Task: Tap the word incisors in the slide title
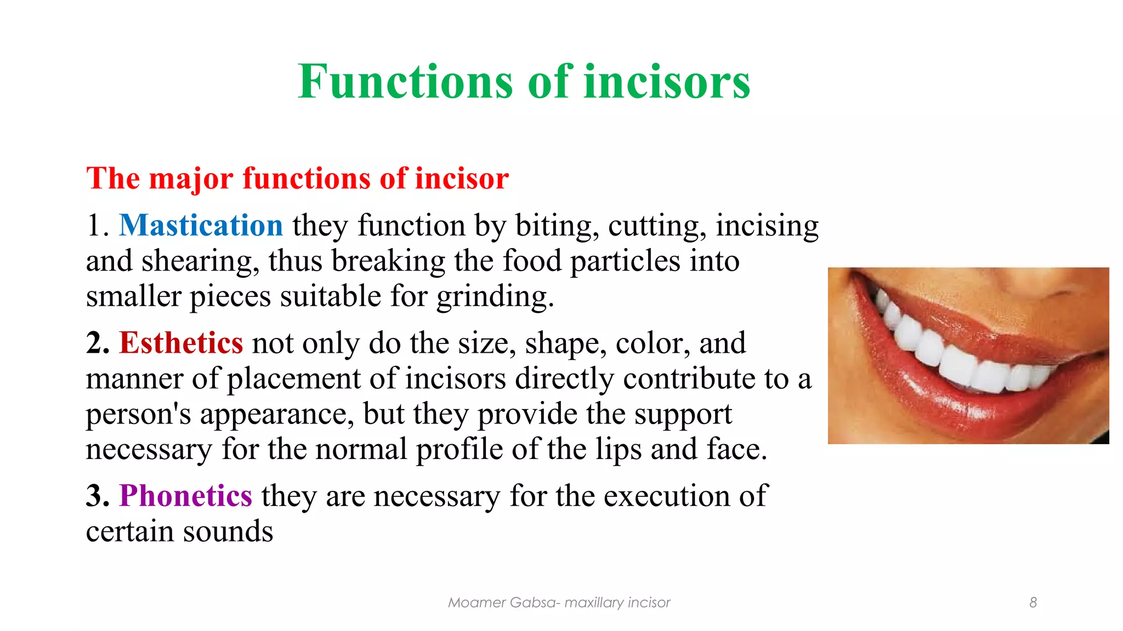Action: (x=667, y=82)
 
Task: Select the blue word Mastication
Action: (x=201, y=226)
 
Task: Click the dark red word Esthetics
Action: (x=181, y=343)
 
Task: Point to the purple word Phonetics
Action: (x=186, y=496)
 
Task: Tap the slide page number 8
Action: (x=1033, y=603)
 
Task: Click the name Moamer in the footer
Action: (x=476, y=603)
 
